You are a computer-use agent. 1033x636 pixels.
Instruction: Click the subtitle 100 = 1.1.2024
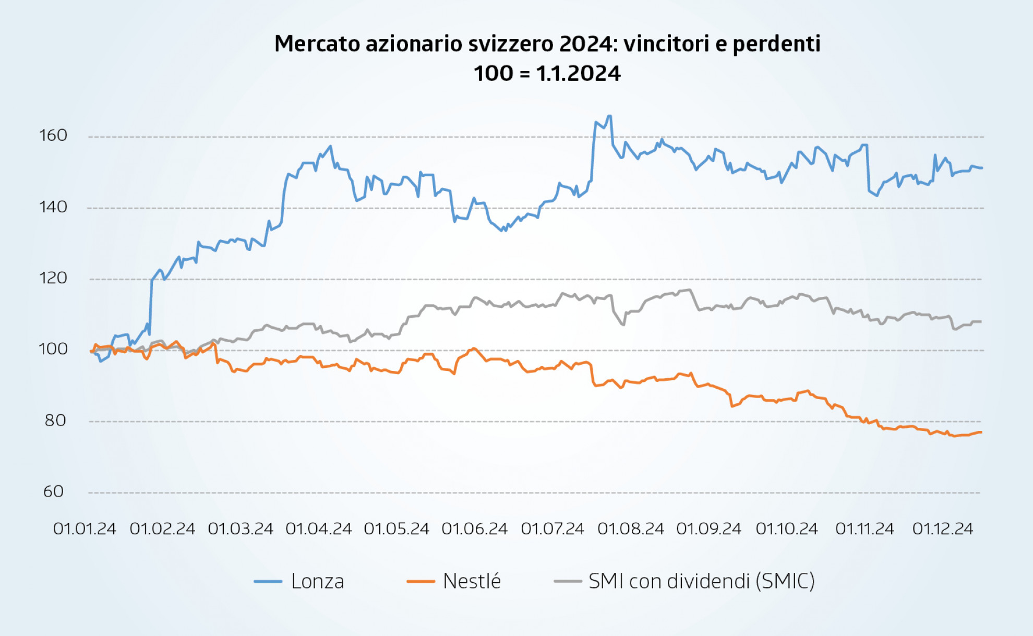(x=547, y=74)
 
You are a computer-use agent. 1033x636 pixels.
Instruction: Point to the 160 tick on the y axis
(x=53, y=136)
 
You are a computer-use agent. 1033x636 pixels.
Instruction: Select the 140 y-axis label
(x=53, y=207)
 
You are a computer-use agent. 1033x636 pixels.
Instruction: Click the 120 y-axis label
(x=53, y=278)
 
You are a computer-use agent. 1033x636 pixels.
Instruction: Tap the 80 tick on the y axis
(x=55, y=421)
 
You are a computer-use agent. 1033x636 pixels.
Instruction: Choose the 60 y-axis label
(x=54, y=491)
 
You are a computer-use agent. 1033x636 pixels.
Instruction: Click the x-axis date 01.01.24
(x=85, y=529)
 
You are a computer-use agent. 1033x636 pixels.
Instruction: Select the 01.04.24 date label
(x=318, y=529)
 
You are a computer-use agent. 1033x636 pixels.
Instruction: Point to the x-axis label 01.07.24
(x=552, y=529)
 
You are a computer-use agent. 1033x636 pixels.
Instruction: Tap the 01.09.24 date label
(x=708, y=529)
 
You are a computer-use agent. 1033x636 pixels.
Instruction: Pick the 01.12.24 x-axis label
(x=942, y=529)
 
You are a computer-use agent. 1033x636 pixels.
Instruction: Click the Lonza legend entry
(x=317, y=581)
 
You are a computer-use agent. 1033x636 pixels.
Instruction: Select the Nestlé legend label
(x=472, y=581)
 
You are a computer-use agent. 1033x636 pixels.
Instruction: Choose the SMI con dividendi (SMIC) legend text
(x=701, y=581)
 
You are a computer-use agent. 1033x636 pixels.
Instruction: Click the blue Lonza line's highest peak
(x=609, y=116)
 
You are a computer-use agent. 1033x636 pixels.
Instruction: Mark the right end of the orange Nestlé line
(x=981, y=432)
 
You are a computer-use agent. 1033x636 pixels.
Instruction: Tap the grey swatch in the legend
(x=568, y=581)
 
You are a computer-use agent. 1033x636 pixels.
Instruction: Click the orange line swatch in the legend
(x=421, y=581)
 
